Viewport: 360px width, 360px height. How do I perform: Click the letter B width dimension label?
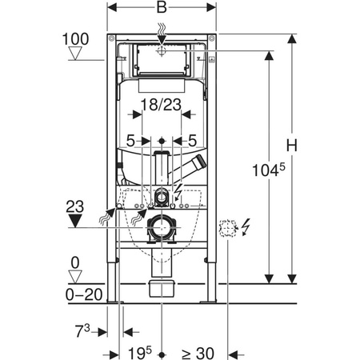[162, 7]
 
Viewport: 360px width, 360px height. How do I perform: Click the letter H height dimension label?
[292, 146]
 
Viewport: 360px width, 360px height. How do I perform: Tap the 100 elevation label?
[75, 39]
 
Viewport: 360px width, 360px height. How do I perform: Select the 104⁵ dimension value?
[269, 170]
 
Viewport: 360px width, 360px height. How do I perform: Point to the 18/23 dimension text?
[161, 105]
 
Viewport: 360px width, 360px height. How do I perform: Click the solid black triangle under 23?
[75, 221]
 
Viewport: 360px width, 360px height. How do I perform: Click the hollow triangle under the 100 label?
[75, 54]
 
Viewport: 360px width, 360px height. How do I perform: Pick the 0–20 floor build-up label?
[84, 294]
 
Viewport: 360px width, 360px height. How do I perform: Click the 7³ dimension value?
[82, 330]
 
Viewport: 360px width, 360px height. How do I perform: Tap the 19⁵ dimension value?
[140, 353]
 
